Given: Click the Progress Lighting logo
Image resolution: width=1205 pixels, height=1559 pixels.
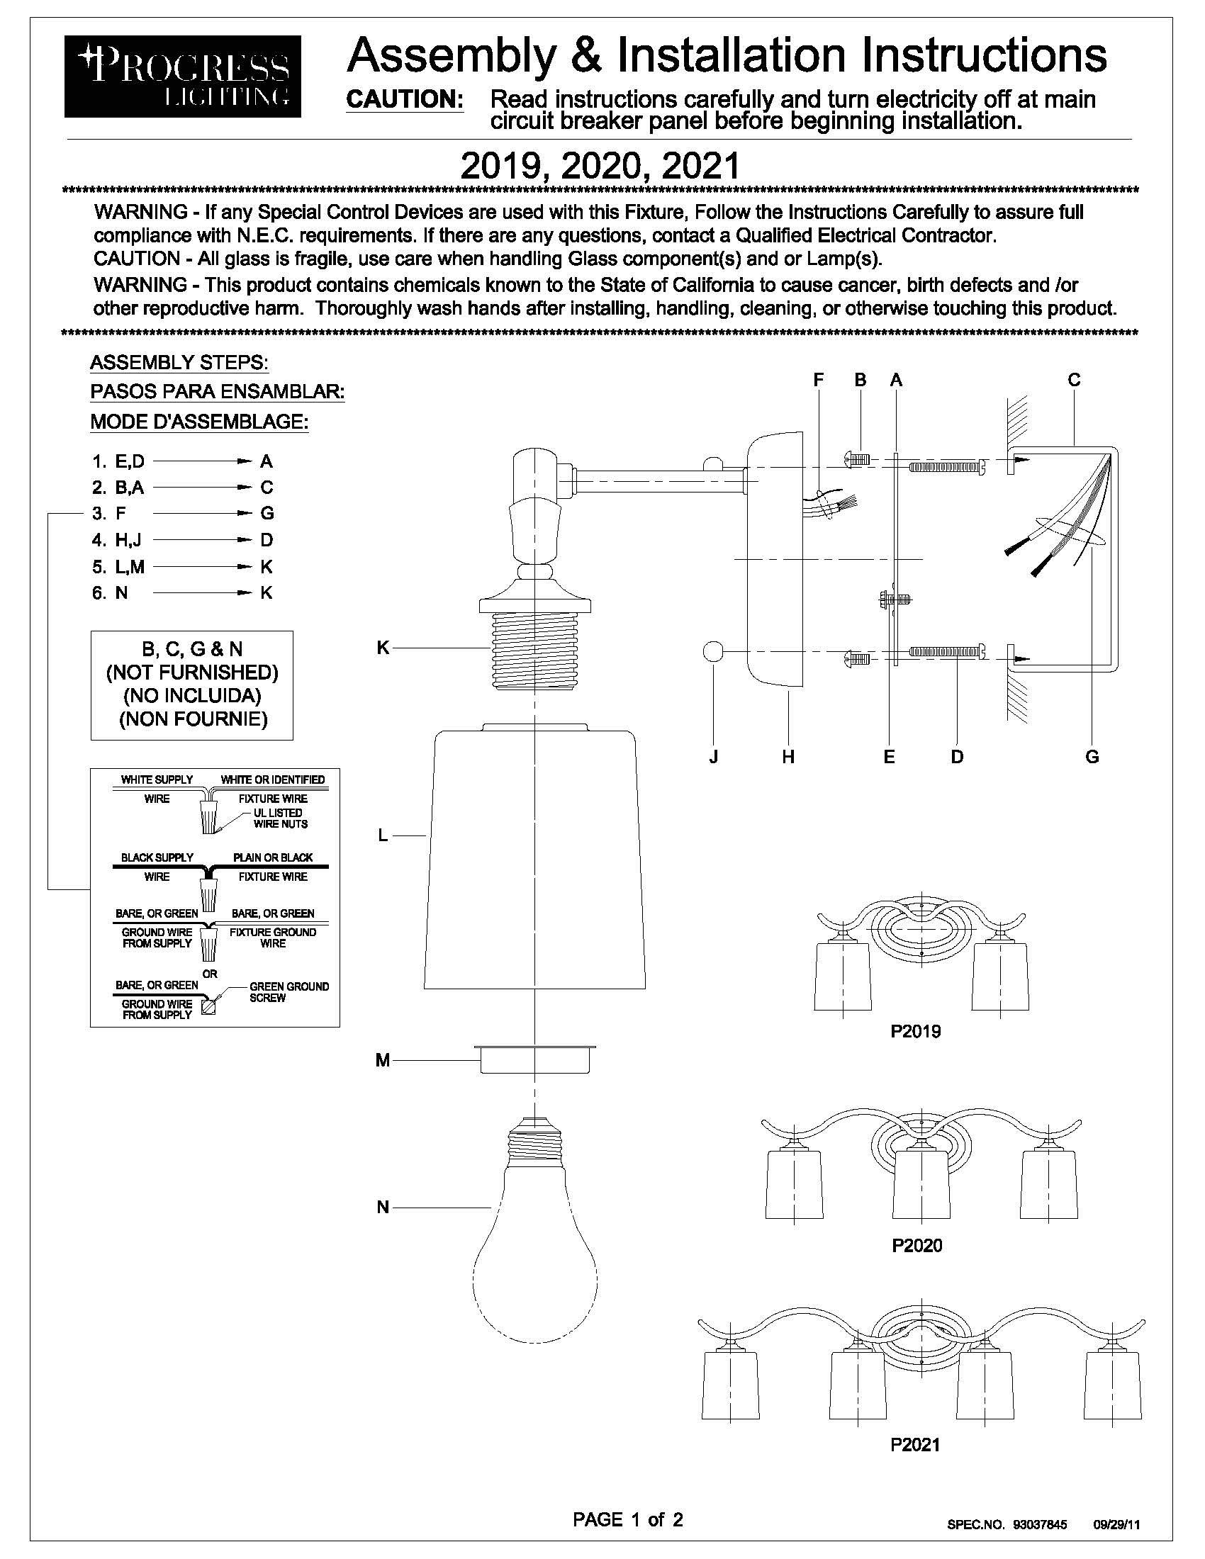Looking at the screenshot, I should pos(182,76).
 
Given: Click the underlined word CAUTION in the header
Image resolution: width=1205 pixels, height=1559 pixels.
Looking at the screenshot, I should pos(404,99).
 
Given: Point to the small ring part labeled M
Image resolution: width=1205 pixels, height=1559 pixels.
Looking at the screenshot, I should pos(534,1059).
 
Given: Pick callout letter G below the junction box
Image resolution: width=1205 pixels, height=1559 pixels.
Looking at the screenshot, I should pos(1092,757).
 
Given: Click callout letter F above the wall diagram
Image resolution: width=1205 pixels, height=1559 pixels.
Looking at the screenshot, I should pos(819,381).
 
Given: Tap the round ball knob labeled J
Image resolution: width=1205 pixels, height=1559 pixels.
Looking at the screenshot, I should pos(713,652).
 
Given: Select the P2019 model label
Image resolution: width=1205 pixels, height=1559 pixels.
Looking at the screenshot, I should pos(916,1031).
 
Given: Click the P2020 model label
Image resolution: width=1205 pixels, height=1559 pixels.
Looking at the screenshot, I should pos(917,1245).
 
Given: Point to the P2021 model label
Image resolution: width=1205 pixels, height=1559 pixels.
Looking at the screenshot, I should pos(915,1444).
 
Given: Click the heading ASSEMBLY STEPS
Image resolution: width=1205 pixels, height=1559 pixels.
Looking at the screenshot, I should pos(179,363).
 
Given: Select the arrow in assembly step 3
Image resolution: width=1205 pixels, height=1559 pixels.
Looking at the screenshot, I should pos(201,513).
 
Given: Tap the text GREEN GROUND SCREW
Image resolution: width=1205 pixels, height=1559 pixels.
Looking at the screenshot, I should pos(288,991).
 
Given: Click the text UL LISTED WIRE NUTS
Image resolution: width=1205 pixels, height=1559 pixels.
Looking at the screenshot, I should pos(280,818).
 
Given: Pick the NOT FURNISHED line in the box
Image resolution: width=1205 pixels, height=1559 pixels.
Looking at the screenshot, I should pos(192,672).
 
